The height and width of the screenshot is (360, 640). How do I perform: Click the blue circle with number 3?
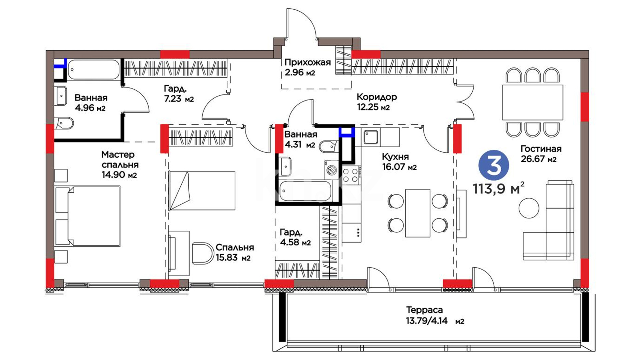(494, 165)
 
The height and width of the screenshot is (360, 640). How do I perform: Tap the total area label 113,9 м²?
(498, 189)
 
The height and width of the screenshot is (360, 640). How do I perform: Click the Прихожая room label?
(307, 62)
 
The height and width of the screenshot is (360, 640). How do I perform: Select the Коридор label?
(377, 97)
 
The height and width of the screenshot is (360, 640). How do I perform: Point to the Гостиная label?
(541, 149)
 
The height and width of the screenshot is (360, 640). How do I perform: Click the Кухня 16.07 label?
(399, 162)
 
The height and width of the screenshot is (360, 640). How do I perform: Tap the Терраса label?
(424, 310)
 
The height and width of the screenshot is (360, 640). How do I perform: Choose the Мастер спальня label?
(120, 160)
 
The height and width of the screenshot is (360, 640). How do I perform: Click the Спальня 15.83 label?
(234, 252)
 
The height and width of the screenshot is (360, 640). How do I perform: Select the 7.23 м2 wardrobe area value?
(179, 99)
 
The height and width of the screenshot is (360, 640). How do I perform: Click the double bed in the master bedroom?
(87, 216)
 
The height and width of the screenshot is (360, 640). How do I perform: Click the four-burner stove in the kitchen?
(351, 175)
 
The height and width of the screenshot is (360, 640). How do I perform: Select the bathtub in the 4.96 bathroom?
(94, 70)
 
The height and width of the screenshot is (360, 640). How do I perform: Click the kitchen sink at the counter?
(370, 137)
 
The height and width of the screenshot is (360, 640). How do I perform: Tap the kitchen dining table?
(418, 213)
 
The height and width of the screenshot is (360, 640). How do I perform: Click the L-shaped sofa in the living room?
(548, 221)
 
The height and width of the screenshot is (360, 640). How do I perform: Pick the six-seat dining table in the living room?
(533, 102)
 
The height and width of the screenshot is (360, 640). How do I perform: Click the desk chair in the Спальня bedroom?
(203, 253)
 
